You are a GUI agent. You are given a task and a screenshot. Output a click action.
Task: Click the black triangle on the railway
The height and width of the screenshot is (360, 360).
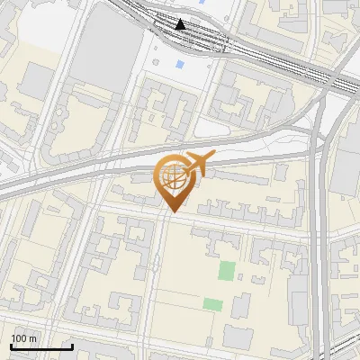pyautogui.click(x=181, y=24)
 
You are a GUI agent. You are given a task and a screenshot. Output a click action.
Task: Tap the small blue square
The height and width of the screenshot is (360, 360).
pyautogui.click(x=180, y=65)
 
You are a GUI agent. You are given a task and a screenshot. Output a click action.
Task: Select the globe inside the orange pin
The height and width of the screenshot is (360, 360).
pyautogui.click(x=172, y=177)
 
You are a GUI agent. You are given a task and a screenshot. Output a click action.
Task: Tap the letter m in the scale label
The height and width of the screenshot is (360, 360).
pyautogui.click(x=33, y=338)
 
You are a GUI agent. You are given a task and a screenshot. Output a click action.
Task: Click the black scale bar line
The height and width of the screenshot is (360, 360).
pyautogui.click(x=41, y=346)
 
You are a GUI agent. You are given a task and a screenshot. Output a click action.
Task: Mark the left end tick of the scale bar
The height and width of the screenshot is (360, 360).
pyautogui.click(x=11, y=345)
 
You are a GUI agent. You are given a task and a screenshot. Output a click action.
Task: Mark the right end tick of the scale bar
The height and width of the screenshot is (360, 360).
pyautogui.click(x=72, y=345)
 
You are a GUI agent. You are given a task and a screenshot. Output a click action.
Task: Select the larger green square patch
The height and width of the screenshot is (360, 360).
pyautogui.click(x=227, y=271)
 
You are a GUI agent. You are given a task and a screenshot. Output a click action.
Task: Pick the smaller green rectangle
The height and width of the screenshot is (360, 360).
pyautogui.click(x=212, y=304)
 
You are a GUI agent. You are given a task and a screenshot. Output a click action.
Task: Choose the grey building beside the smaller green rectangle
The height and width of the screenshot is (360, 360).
pyautogui.click(x=240, y=306)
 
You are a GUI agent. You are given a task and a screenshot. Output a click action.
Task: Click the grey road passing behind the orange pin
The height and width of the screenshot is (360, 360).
pyautogui.click(x=108, y=171)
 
